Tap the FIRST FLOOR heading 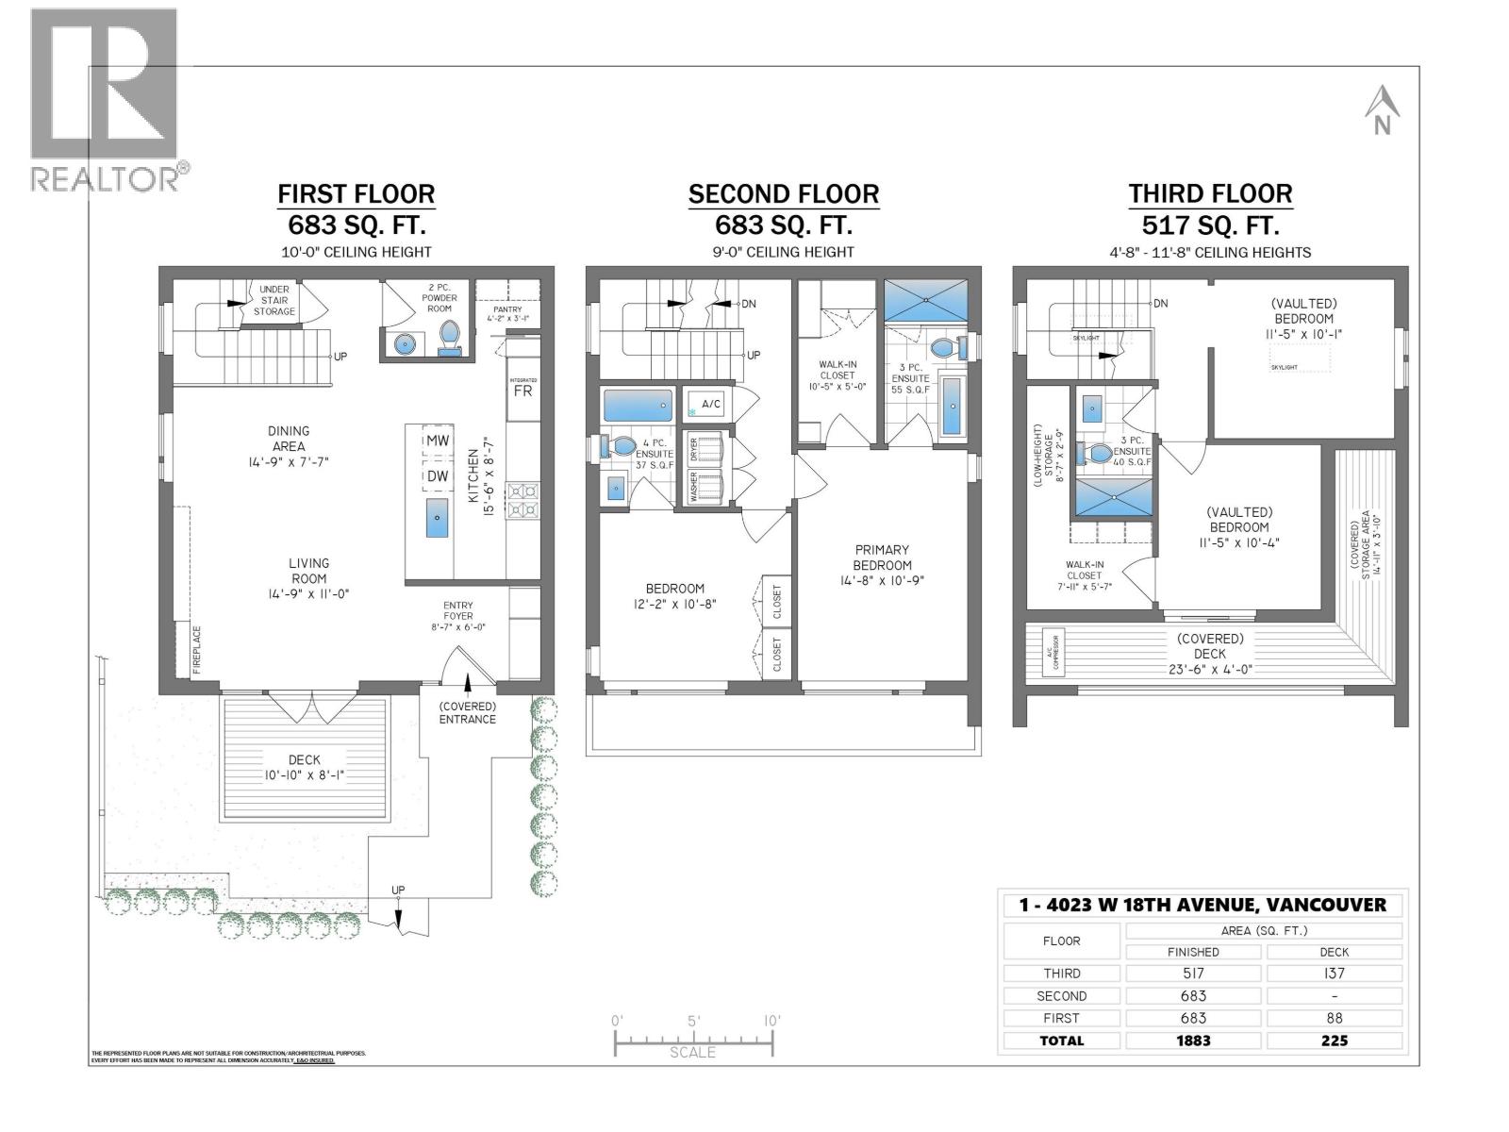(x=356, y=194)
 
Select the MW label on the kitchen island (x=438, y=441)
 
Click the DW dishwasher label (x=438, y=476)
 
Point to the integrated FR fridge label (x=522, y=390)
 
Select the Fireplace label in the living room (x=197, y=649)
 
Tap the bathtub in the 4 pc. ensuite (x=638, y=406)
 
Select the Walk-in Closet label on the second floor (x=837, y=375)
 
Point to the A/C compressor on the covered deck (x=1053, y=652)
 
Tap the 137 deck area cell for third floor (x=1334, y=974)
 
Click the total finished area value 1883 (x=1193, y=1040)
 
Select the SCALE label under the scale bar (x=692, y=1053)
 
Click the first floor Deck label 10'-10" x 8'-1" (x=304, y=767)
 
